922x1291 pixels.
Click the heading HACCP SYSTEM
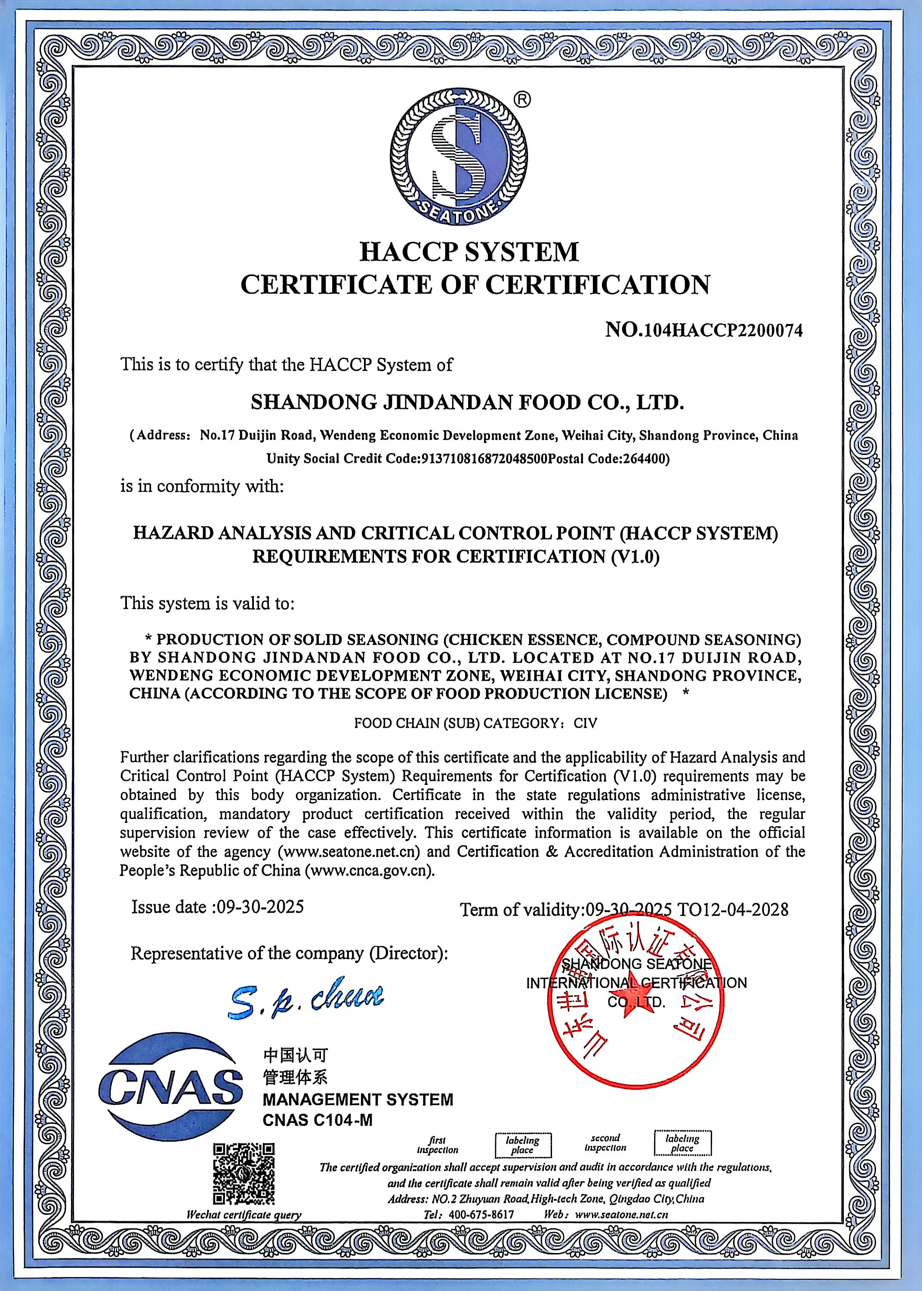469,251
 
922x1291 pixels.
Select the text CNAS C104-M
318,1121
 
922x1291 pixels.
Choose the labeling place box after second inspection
682,1143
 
